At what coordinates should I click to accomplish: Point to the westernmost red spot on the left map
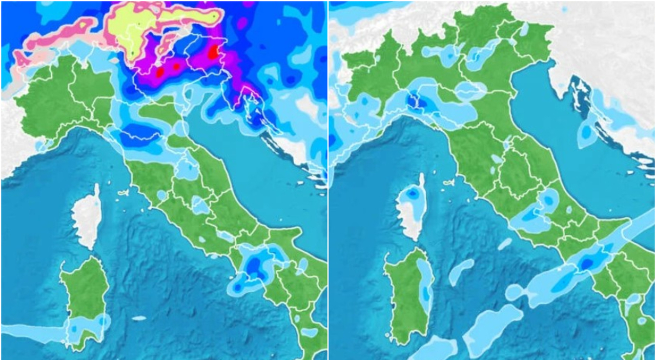click(x=159, y=72)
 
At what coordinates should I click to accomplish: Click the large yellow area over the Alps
click(x=133, y=31)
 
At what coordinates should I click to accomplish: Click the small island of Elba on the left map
click(x=122, y=193)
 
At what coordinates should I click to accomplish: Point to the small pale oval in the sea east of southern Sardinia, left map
click(x=139, y=318)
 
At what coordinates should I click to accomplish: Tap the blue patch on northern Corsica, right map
click(x=412, y=194)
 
